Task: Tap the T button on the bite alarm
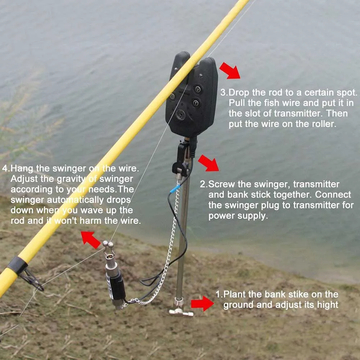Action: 196,103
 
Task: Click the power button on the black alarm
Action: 172,96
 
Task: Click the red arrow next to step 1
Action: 202,303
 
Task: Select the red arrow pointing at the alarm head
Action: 230,70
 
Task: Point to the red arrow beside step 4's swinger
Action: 91,240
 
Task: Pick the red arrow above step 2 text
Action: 208,163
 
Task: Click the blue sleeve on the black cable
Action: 175,189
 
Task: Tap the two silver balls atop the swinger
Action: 108,244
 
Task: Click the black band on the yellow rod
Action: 17,265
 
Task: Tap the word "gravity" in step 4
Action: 71,179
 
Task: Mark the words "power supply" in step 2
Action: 238,216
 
